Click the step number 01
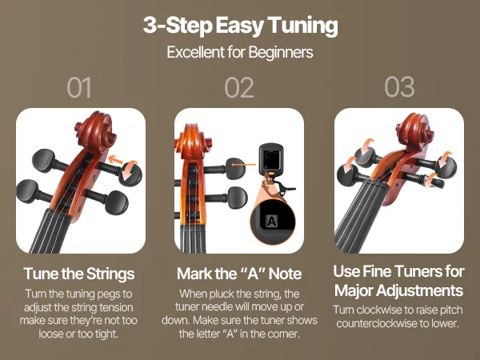point(79,88)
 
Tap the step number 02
point(239,88)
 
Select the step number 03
point(399,87)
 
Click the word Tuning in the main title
point(302,26)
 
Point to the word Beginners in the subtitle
point(281,52)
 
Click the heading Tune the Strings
point(79,274)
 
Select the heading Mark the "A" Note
point(239,274)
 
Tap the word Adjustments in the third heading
point(419,290)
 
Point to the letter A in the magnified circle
point(272,221)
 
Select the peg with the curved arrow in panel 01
point(130,174)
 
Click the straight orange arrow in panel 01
point(115,160)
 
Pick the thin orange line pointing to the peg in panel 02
point(243,165)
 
